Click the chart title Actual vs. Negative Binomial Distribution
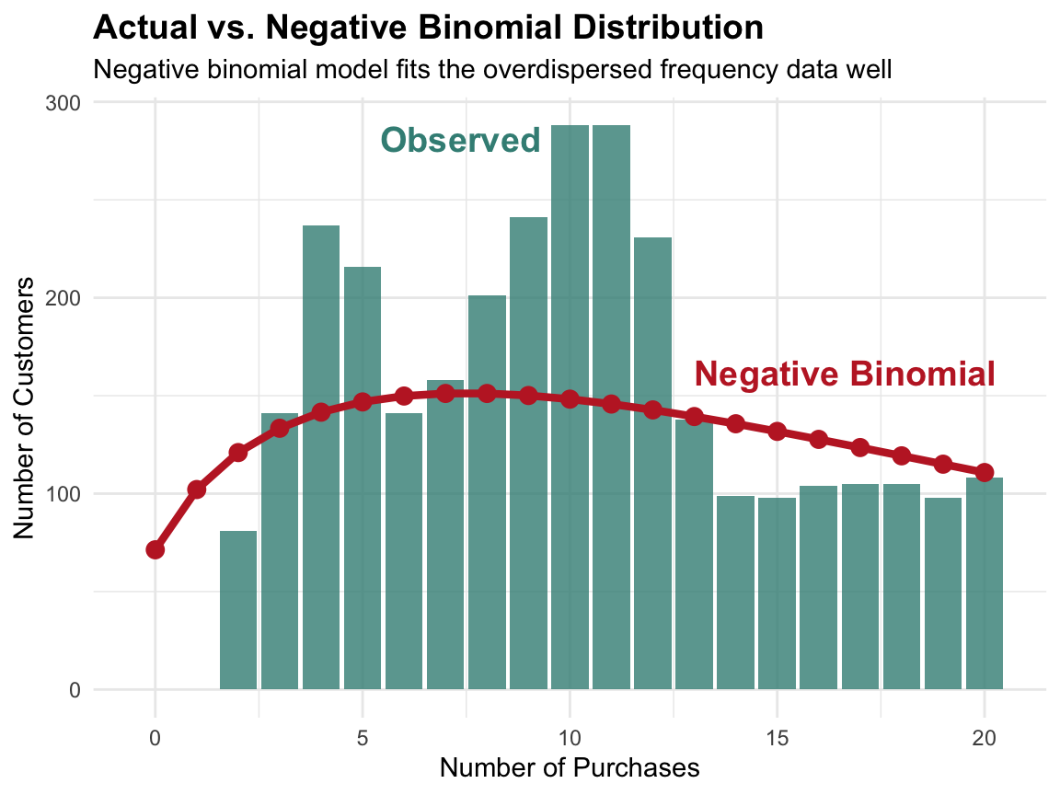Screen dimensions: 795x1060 coord(428,28)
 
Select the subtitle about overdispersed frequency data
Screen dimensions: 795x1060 coord(493,69)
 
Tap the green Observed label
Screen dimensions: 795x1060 coord(460,141)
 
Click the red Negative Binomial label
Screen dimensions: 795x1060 coord(845,374)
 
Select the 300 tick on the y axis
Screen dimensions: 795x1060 coord(63,103)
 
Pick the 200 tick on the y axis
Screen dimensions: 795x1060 coord(63,298)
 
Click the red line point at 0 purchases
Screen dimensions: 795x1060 coord(155,549)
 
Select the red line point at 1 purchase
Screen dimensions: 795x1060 coord(196,490)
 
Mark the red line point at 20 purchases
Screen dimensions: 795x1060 coord(985,472)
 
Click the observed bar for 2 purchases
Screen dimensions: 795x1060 coord(238,610)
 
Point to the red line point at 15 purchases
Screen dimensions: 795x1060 coord(777,432)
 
